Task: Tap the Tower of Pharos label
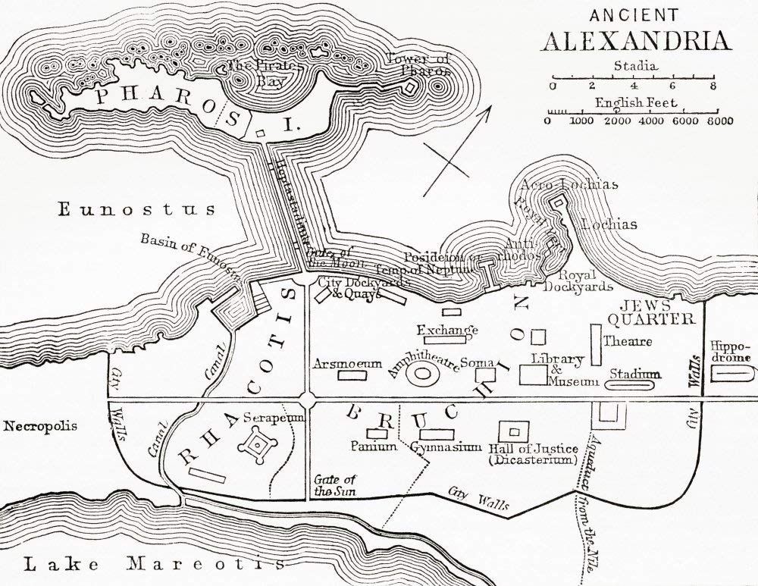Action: coord(418,65)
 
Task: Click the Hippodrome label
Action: coord(731,352)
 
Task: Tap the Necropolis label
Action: coord(40,426)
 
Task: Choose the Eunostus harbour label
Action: coord(136,209)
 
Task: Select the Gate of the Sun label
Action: coord(334,484)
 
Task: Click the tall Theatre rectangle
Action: coord(596,346)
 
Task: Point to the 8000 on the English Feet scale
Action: coord(719,121)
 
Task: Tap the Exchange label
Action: coord(447,330)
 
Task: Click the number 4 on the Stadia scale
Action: coord(632,86)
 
